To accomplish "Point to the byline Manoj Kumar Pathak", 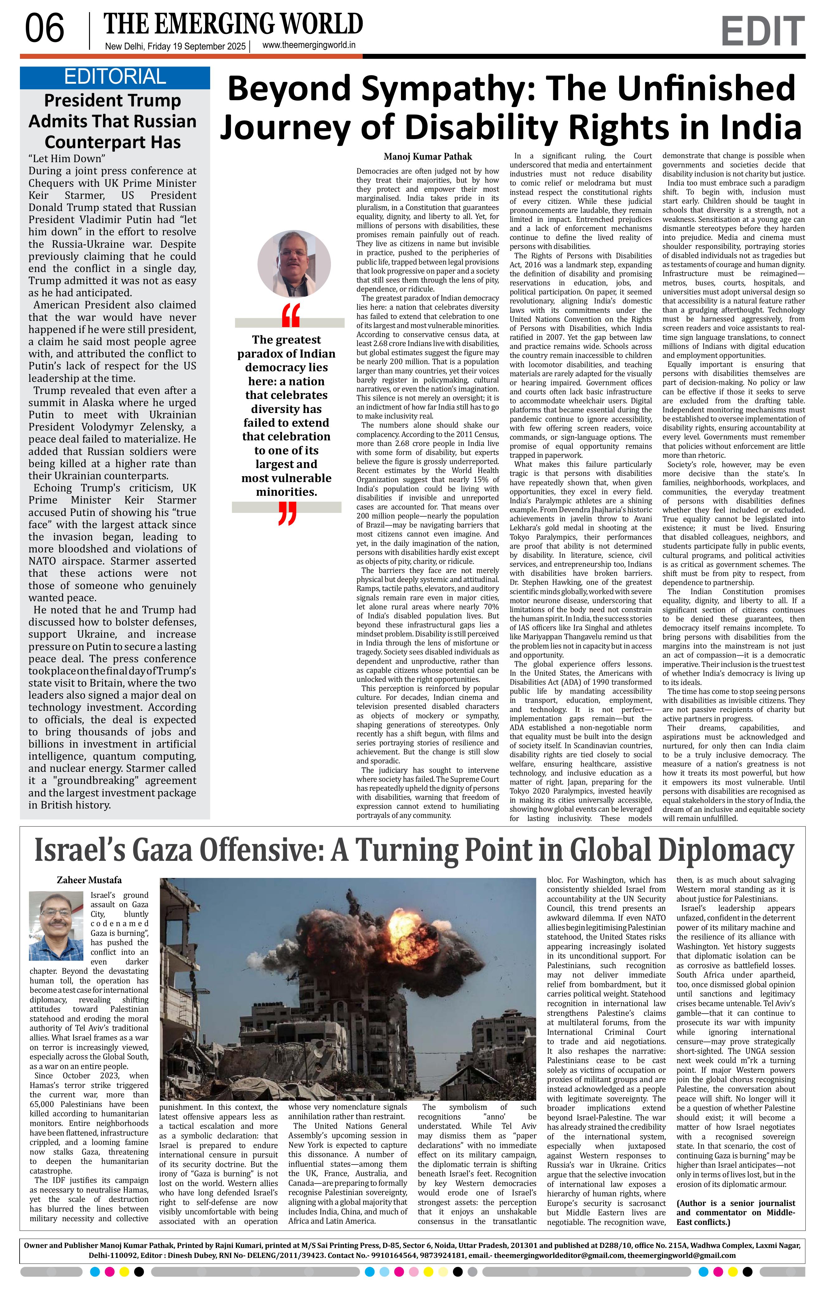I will (427, 157).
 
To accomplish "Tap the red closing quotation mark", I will (288, 513).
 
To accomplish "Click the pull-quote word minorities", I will (286, 492).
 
